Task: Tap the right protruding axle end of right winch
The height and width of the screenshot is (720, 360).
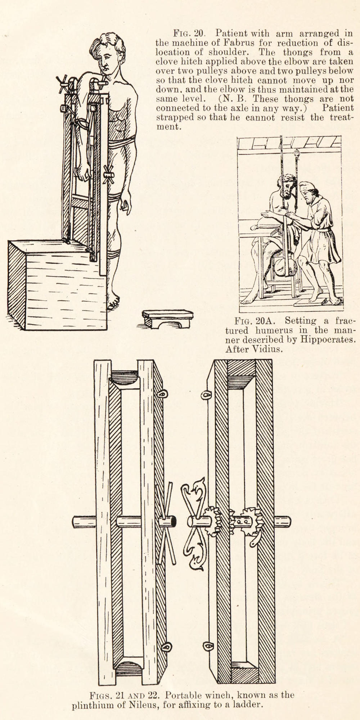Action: (x=283, y=521)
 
